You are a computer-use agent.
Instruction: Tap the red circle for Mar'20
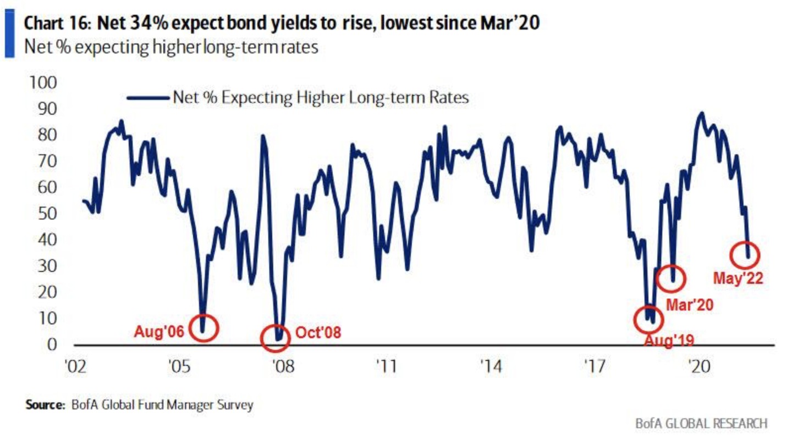[x=671, y=278]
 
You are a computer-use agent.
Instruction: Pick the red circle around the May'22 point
[x=745, y=255]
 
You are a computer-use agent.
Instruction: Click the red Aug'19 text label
[x=669, y=340]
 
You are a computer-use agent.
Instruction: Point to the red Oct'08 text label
[x=318, y=333]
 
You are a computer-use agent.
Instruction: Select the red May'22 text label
[x=738, y=279]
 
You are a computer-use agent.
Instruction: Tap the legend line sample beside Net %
[x=147, y=98]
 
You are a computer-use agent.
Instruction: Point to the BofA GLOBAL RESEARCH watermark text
[x=701, y=424]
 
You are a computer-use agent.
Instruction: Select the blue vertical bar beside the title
[x=9, y=34]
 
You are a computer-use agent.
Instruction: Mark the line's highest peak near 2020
[x=701, y=113]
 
